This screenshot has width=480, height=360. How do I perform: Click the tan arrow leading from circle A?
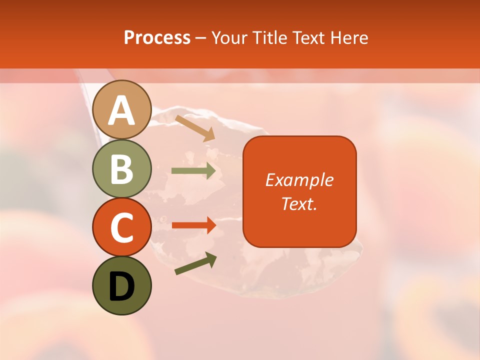click(195, 128)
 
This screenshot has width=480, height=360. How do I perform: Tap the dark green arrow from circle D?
click(195, 263)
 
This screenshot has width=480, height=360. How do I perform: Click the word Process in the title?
click(157, 38)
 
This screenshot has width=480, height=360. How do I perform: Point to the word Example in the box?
click(299, 180)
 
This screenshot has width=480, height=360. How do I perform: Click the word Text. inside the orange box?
click(299, 203)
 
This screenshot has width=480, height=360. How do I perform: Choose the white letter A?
click(122, 110)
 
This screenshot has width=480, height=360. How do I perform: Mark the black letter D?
click(122, 286)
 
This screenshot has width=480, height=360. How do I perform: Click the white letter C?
click(122, 227)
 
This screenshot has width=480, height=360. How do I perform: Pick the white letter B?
click(122, 169)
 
